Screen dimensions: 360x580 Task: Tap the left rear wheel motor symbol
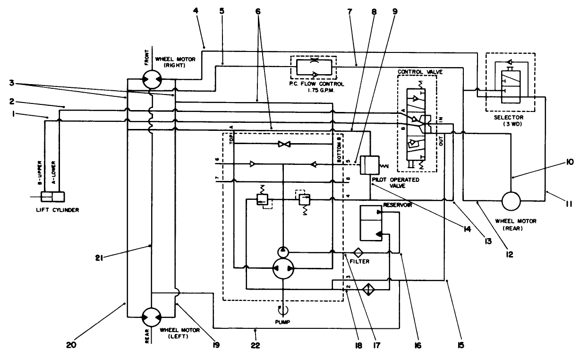click(152, 316)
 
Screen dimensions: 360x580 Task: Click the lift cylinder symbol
click(52, 197)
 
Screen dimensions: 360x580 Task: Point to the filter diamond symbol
click(358, 253)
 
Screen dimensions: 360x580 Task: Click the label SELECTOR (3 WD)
click(510, 120)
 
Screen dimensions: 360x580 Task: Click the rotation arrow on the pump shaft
click(282, 309)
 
